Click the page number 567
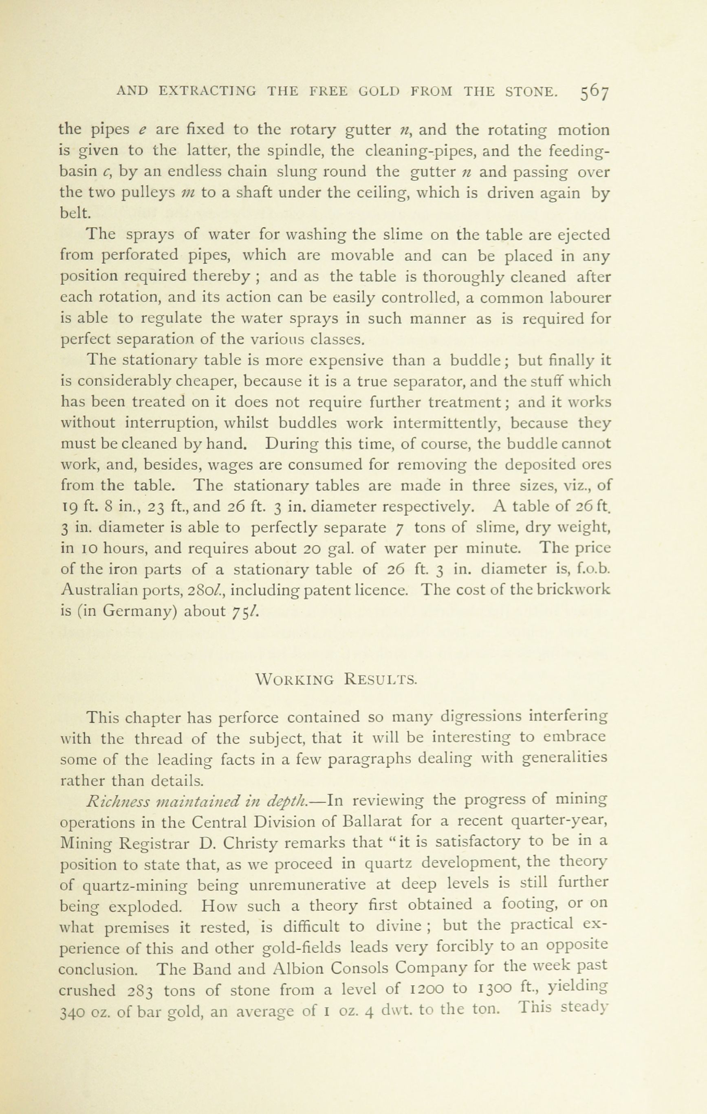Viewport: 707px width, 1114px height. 594,92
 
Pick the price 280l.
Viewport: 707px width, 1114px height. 207,590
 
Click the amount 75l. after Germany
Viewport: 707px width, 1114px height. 244,612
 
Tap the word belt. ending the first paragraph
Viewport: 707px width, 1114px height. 75,213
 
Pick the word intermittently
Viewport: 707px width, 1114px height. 444,423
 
